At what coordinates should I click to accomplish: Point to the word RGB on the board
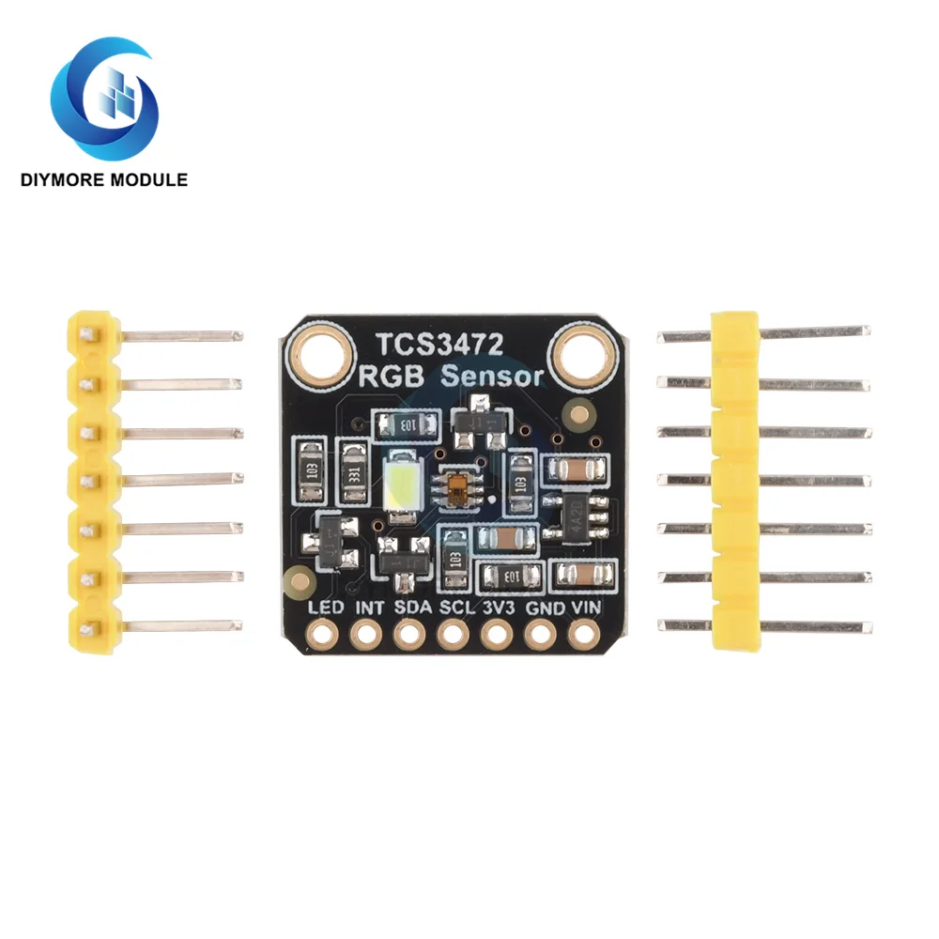click(394, 377)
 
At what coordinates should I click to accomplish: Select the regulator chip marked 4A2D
click(579, 514)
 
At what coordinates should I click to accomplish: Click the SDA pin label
click(411, 608)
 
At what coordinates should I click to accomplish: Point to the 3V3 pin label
click(498, 608)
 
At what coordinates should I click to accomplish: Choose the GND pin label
click(542, 608)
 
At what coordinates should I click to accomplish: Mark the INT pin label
click(369, 608)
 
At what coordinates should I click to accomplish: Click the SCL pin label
click(454, 608)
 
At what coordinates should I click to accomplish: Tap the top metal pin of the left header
click(178, 334)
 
